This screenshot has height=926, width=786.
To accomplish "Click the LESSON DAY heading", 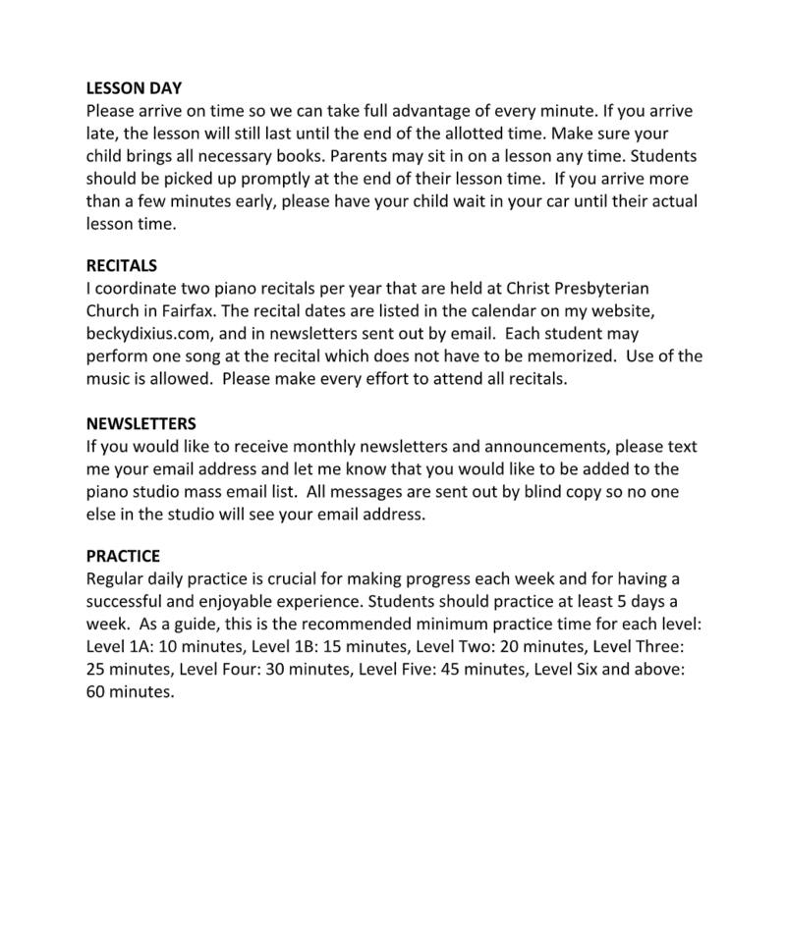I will click(x=134, y=88).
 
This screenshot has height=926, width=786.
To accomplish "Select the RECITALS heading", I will click(x=121, y=266).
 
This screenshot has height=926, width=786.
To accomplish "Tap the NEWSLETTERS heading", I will click(x=141, y=424).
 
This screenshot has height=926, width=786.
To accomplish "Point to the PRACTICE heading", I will click(x=123, y=557).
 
